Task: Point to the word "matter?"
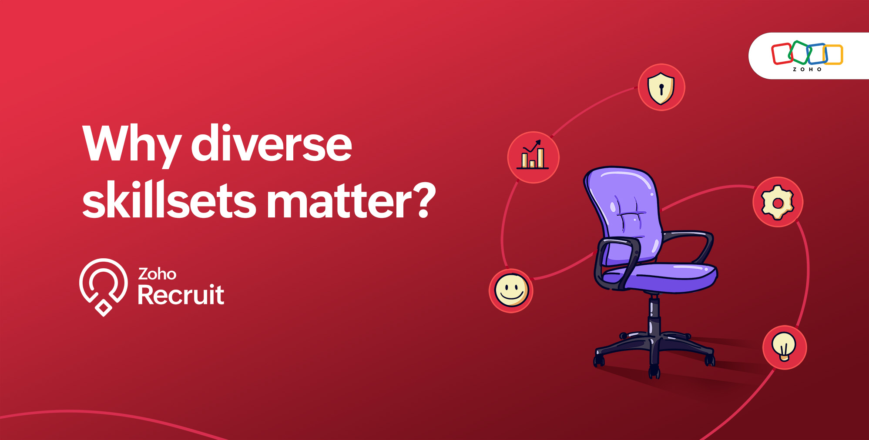(x=351, y=200)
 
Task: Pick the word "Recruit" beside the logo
(x=181, y=295)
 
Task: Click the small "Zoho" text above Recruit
(x=157, y=274)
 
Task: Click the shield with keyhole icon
(x=661, y=88)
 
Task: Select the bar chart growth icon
(x=533, y=155)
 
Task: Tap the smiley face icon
(x=511, y=290)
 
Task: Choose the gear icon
(x=778, y=202)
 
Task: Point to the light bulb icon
(x=784, y=347)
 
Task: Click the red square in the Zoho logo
(x=782, y=54)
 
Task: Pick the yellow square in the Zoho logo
(x=833, y=55)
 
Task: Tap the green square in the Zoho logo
(x=800, y=52)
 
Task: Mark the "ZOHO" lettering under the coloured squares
(x=807, y=70)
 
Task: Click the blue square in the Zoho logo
(x=817, y=53)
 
